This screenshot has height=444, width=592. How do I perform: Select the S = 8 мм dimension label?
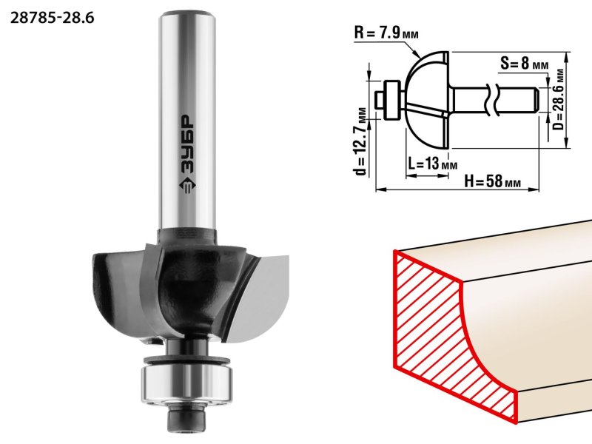click(523, 64)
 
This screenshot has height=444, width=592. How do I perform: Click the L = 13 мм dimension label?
click(431, 164)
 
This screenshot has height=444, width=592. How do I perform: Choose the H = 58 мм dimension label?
click(488, 181)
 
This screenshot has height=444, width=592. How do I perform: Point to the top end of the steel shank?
click(187, 15)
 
